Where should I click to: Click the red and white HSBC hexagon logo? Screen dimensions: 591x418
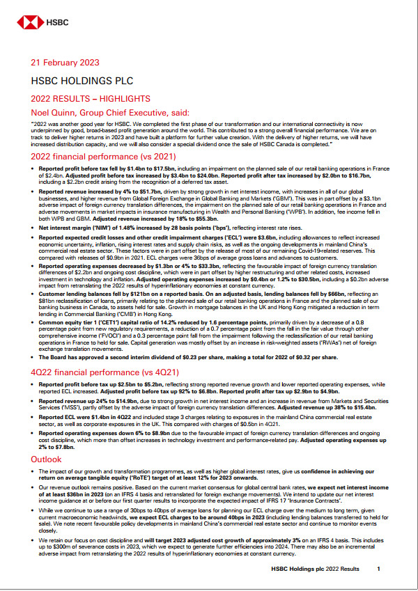point(27,22)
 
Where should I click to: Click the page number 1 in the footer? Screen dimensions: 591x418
point(379,569)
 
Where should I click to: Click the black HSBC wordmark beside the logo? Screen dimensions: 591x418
point(52,22)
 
